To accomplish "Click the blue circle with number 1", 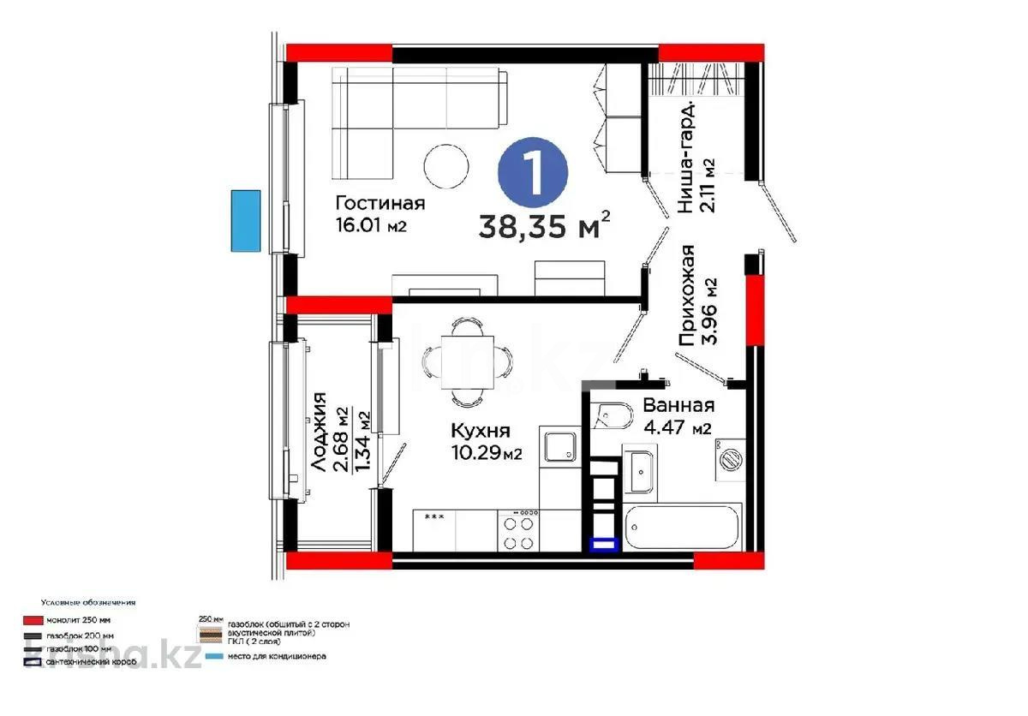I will pyautogui.click(x=533, y=175).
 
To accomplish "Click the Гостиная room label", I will pyautogui.click(x=380, y=203).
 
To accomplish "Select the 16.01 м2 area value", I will pyautogui.click(x=370, y=226).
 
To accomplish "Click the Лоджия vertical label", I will pyautogui.click(x=319, y=433).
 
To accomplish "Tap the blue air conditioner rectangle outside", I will pyautogui.click(x=245, y=220).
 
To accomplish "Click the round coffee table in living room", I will pyautogui.click(x=446, y=166).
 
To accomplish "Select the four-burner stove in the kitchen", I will pyautogui.click(x=519, y=531).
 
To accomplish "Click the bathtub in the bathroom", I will pyautogui.click(x=682, y=528).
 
